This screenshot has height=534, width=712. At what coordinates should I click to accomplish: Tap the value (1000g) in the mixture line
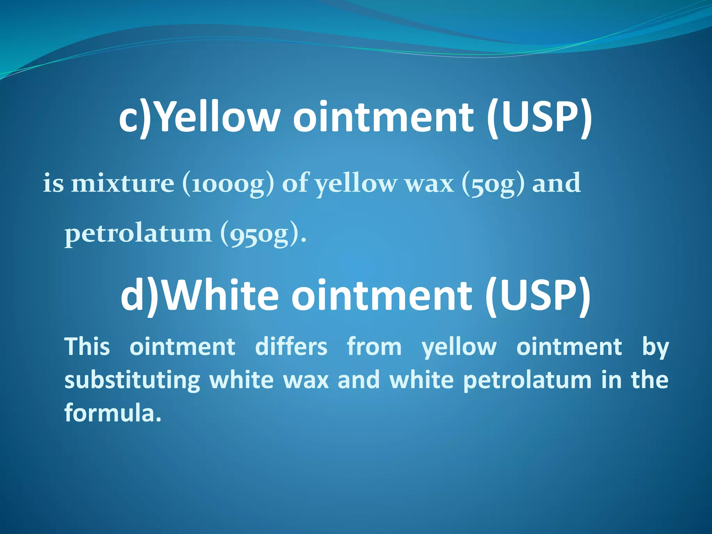tap(228, 183)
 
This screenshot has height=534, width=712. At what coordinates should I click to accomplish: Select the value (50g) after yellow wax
tap(493, 183)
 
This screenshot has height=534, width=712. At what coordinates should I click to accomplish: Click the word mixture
tap(122, 183)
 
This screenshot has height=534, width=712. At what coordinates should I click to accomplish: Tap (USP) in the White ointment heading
tap(537, 296)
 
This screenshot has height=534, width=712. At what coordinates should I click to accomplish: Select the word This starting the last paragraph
tap(87, 347)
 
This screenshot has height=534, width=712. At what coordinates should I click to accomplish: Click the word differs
tap(291, 347)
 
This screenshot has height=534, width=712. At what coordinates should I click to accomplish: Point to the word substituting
tap(132, 380)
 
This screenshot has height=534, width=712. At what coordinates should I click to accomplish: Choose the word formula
tap(113, 413)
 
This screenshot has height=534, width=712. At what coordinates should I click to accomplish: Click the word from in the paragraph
tap(374, 347)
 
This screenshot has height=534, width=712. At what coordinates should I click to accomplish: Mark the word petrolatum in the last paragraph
tap(527, 380)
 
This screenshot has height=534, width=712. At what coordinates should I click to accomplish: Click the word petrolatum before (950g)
tap(138, 233)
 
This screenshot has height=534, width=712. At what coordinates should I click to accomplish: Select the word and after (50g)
tap(556, 183)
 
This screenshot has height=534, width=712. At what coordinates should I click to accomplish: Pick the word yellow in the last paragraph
tap(459, 347)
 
